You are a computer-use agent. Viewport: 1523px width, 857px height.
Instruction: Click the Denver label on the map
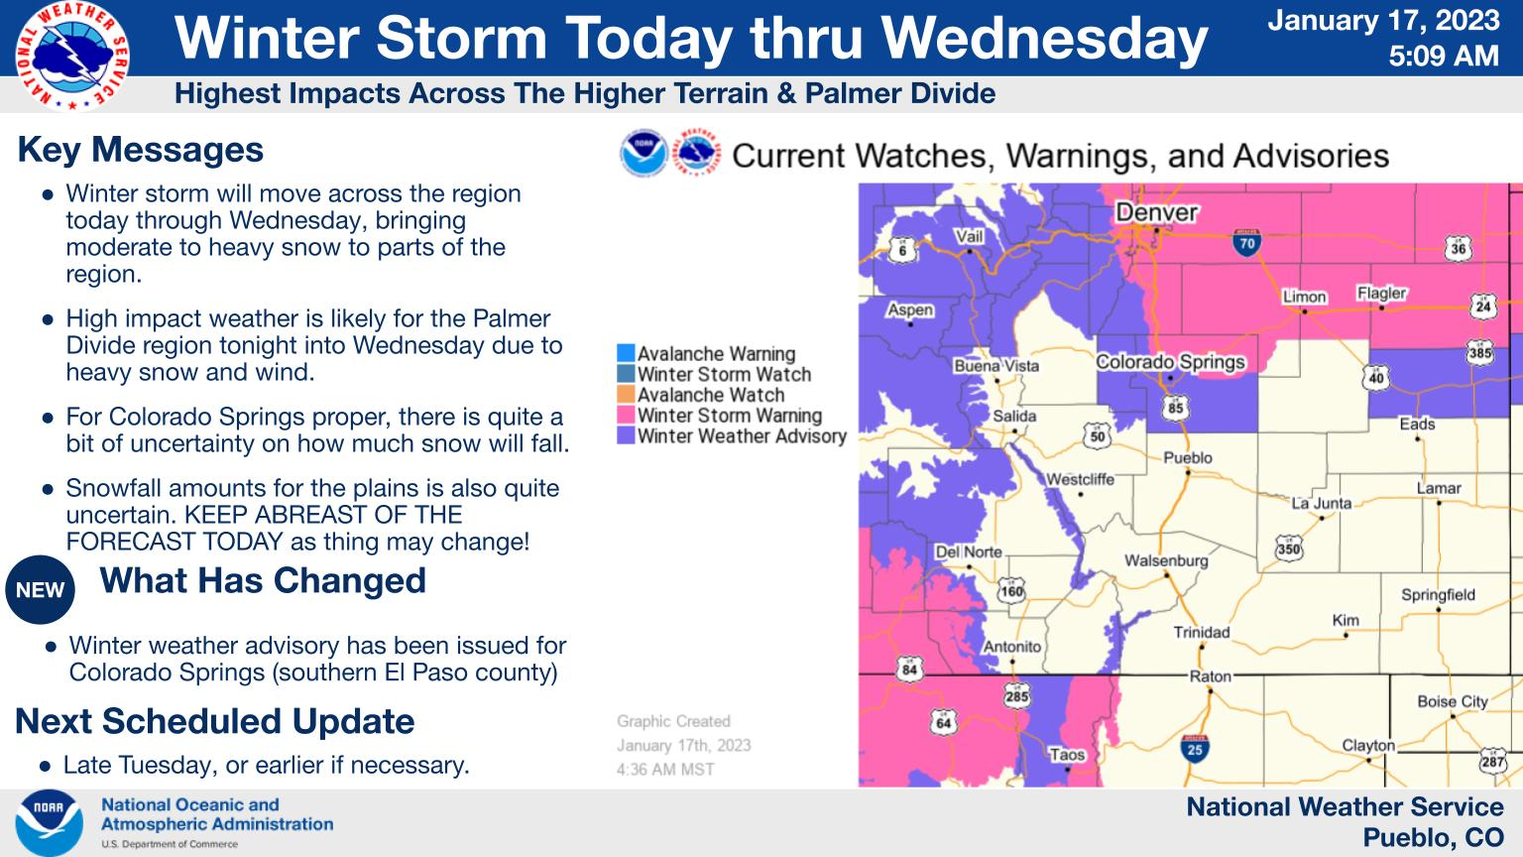pos(1156,212)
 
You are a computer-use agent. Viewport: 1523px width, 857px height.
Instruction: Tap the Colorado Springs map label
pos(1170,362)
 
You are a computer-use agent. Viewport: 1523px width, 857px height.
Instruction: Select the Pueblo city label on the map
pos(1187,457)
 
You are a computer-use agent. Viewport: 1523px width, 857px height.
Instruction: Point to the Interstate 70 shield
pos(1246,243)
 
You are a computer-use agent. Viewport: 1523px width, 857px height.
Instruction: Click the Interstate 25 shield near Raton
pos(1195,748)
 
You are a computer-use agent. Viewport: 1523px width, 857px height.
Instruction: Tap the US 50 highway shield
pos(1098,436)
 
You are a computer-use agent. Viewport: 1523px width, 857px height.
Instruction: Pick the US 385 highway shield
pos(1479,353)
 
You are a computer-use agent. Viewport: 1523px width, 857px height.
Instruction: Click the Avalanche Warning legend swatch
pos(626,353)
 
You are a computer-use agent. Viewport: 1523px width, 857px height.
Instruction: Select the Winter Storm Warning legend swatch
pos(626,415)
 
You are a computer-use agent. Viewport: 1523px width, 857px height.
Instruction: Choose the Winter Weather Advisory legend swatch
pos(626,435)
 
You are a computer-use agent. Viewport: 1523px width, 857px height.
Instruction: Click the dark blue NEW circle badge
pos(40,590)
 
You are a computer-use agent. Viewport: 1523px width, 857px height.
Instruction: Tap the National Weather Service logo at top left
pos(72,56)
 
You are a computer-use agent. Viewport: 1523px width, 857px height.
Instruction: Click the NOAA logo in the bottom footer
pos(49,823)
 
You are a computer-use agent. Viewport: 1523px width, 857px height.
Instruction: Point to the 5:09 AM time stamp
pos(1444,56)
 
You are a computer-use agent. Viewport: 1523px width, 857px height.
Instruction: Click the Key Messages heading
pos(140,150)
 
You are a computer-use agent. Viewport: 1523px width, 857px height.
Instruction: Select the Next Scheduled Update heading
pos(215,721)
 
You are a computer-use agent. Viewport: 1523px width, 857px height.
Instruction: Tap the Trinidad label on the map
pos(1202,633)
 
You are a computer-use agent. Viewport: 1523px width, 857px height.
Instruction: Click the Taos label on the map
pos(1067,754)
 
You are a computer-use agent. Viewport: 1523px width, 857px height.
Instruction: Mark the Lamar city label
pos(1439,488)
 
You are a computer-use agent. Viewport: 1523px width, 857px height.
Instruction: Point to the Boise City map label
pos(1453,701)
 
